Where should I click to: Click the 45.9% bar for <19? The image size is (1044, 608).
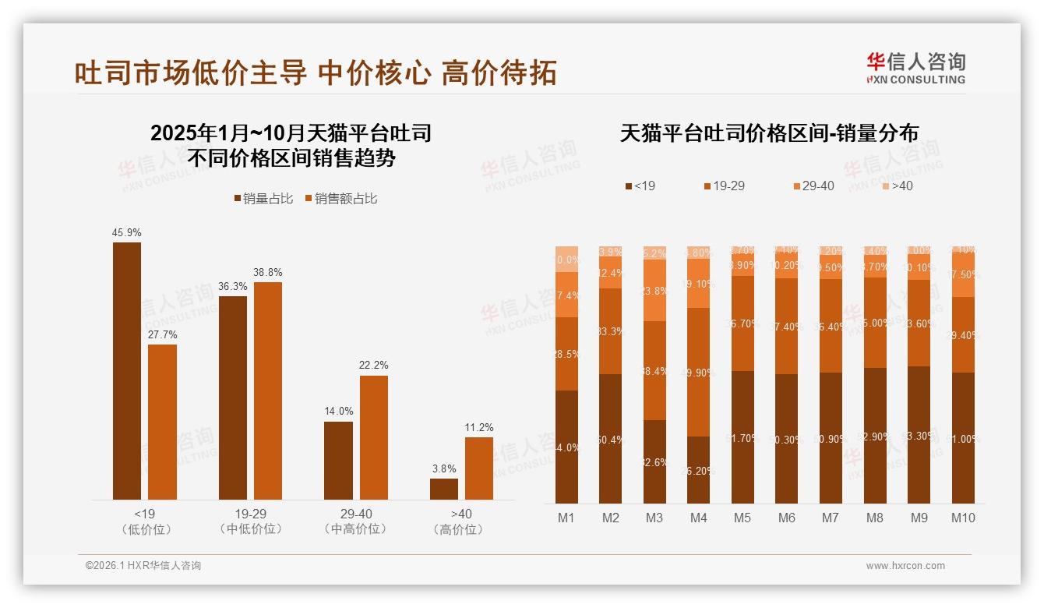(x=127, y=370)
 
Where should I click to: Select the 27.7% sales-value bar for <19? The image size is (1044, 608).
(x=162, y=422)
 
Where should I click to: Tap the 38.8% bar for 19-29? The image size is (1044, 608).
(x=268, y=391)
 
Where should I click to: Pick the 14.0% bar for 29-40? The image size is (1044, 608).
(x=338, y=460)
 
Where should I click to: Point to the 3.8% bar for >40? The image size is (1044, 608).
(x=444, y=489)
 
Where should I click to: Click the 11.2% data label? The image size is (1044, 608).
(x=479, y=427)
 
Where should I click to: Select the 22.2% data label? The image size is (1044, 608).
(x=374, y=365)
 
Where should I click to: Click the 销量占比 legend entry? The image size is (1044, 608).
(x=263, y=199)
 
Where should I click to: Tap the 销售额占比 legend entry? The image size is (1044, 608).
(x=340, y=199)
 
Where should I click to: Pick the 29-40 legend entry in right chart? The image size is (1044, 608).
(x=813, y=186)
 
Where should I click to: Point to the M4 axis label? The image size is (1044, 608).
(x=699, y=518)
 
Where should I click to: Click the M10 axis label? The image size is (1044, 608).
(x=963, y=518)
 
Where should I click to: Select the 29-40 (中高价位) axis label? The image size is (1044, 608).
(x=355, y=521)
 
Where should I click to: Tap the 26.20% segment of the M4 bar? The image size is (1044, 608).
(x=699, y=469)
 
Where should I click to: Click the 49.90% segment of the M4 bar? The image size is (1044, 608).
(x=699, y=372)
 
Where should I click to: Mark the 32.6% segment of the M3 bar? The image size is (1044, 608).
(x=654, y=461)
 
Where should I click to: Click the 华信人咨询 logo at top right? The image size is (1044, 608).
(x=916, y=68)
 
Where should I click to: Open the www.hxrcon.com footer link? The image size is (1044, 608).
(x=905, y=566)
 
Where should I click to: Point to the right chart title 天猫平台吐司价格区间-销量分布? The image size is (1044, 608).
(x=769, y=133)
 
